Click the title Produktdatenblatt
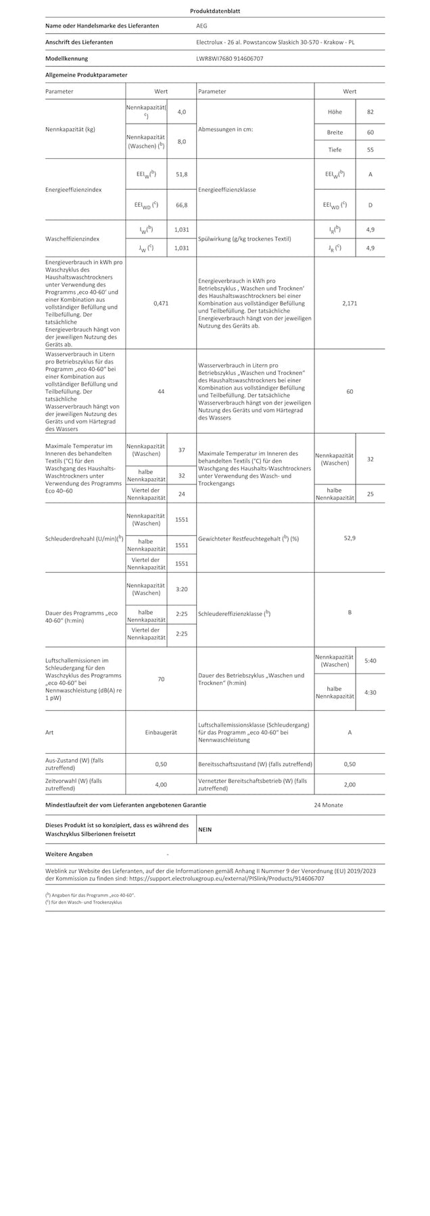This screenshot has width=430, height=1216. click(x=214, y=11)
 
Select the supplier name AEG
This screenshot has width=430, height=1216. click(x=201, y=26)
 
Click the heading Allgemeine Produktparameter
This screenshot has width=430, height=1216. click(x=86, y=75)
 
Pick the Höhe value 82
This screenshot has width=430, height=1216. click(x=370, y=111)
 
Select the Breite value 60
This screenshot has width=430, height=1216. click(x=370, y=132)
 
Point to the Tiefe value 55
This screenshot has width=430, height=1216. click(x=370, y=150)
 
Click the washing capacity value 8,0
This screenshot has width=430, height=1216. click(x=181, y=141)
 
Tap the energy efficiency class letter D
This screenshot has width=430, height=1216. click(x=370, y=205)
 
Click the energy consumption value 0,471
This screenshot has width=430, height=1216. click(x=161, y=303)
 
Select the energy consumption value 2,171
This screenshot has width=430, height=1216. click(x=350, y=303)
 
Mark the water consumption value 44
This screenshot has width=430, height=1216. click(x=161, y=392)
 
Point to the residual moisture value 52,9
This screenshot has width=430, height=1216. click(x=350, y=538)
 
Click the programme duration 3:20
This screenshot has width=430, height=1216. click(x=181, y=589)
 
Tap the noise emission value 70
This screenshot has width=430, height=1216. click(x=161, y=679)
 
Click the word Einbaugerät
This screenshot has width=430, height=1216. click(x=161, y=732)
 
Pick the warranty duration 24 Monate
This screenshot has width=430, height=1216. click(x=328, y=805)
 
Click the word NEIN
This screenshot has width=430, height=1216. click(x=205, y=830)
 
